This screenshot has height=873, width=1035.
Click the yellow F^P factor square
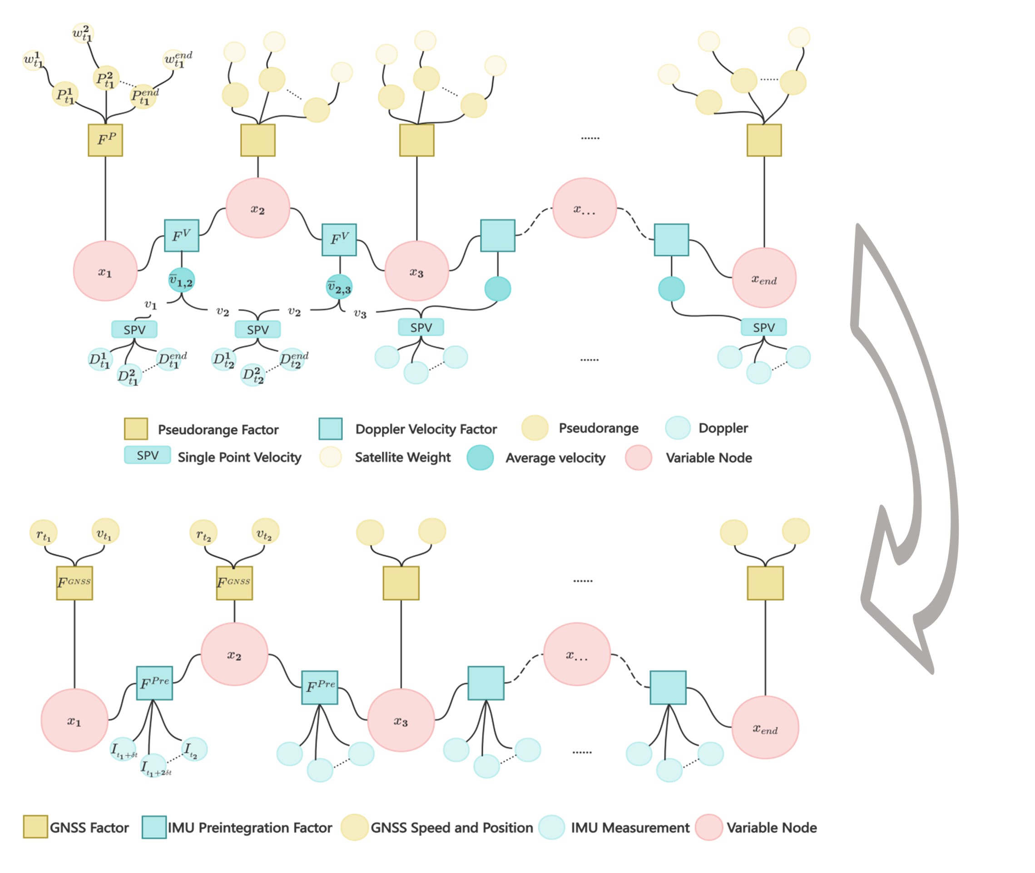point(105,140)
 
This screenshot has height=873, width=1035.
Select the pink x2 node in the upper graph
point(258,208)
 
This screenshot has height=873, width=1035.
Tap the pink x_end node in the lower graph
point(765,727)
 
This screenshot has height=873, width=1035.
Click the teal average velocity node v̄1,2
point(182,281)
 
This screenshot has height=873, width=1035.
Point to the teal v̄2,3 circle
point(339,287)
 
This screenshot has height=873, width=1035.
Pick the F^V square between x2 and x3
point(339,240)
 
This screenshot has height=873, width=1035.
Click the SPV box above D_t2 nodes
point(258,329)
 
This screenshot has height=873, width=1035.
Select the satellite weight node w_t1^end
point(177,60)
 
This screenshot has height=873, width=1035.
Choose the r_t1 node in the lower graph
point(44,533)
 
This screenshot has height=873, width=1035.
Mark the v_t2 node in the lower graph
point(265,532)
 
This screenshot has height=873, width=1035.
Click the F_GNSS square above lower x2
point(234,583)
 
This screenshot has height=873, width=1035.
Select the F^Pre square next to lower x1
point(154,683)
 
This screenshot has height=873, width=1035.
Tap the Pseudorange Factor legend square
point(136,429)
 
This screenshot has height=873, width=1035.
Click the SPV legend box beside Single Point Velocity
point(148,455)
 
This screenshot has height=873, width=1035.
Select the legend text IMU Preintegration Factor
point(249,828)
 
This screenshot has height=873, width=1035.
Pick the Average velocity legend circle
point(480,458)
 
